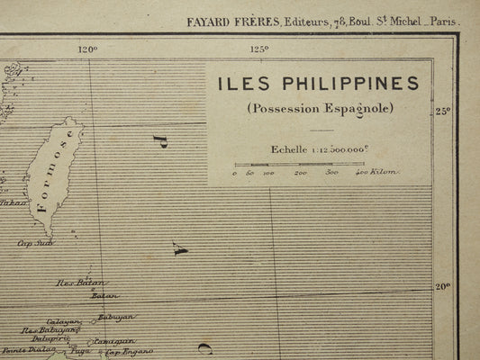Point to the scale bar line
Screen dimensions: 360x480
(297, 165)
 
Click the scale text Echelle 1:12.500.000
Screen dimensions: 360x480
(320, 150)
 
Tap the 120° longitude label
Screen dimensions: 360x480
(87, 49)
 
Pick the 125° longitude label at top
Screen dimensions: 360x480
(259, 49)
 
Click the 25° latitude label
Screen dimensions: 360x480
(443, 112)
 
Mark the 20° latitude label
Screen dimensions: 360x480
(443, 287)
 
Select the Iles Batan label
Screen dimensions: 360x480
(74, 282)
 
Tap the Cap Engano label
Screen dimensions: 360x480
(130, 351)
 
